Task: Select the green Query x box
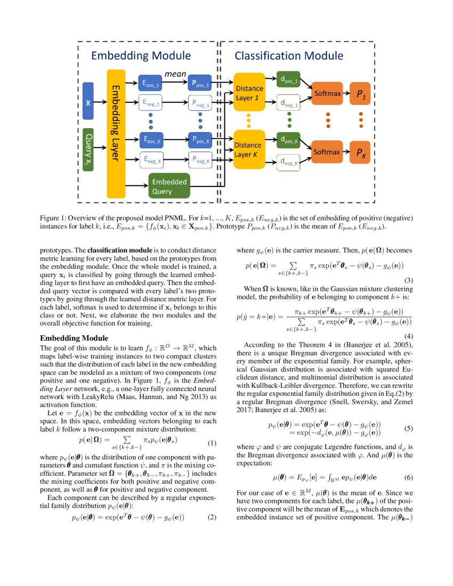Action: pos(88,149)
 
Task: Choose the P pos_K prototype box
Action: pos(201,141)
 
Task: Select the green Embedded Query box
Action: pos(168,186)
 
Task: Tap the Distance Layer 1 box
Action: pos(249,92)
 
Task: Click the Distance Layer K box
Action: pos(249,149)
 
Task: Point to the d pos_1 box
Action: pos(288,80)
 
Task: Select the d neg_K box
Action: pos(288,162)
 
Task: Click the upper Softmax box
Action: pos(327,94)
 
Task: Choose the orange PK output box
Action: pos(361,153)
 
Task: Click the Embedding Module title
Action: pos(141,56)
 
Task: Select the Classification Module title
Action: pos(289,56)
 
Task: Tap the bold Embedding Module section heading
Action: pos(74,338)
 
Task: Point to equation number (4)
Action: pos(409,336)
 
